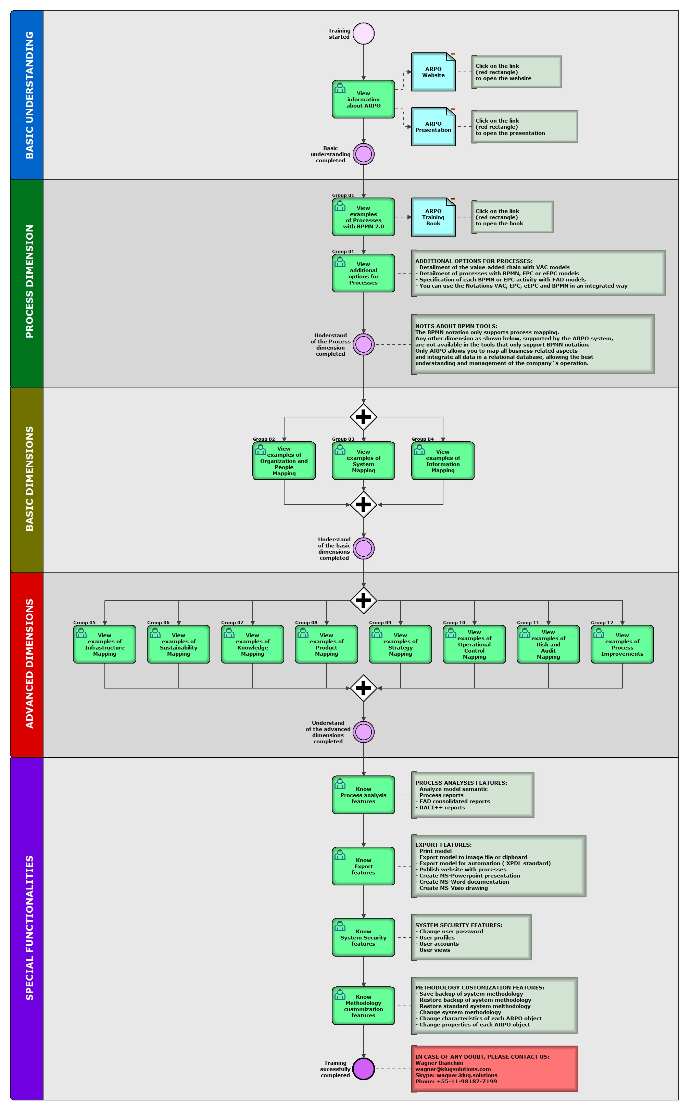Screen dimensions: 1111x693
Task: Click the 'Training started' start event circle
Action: (x=364, y=34)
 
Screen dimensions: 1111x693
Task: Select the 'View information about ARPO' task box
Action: (x=364, y=99)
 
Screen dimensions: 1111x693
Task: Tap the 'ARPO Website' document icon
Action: (x=433, y=72)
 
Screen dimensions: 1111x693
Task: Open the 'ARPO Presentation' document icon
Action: (x=433, y=127)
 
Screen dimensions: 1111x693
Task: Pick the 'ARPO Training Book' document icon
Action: (x=433, y=217)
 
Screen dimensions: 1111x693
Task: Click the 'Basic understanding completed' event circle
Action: (x=364, y=154)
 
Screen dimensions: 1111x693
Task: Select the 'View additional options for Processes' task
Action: (x=364, y=273)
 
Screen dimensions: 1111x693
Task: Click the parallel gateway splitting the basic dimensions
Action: (x=364, y=417)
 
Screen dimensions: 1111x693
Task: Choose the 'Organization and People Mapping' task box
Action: (x=284, y=461)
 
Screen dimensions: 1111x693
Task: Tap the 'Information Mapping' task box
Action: (x=443, y=461)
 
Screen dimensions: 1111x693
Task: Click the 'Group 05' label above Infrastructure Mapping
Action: (x=84, y=622)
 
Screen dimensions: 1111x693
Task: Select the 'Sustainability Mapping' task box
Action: (x=179, y=644)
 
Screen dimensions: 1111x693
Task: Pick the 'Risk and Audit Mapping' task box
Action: (x=548, y=644)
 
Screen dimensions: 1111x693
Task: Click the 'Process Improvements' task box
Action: (x=622, y=644)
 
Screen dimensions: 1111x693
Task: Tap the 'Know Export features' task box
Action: (x=364, y=866)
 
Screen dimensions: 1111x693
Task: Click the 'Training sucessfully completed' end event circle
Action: (x=364, y=1069)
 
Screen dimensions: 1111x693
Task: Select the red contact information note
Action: (x=494, y=1069)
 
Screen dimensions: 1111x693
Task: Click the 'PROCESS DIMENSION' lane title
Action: (x=29, y=281)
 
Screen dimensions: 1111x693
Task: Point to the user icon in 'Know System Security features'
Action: (x=340, y=926)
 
